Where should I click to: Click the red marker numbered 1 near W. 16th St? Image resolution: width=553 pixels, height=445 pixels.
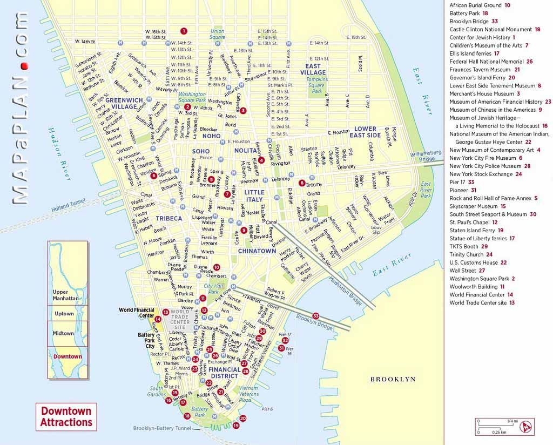coord(184,31)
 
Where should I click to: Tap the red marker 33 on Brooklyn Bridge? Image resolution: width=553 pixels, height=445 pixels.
coord(316,316)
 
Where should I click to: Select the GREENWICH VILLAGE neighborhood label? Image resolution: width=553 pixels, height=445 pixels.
coord(124,103)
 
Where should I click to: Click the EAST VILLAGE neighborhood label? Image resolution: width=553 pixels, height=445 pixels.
coord(313,69)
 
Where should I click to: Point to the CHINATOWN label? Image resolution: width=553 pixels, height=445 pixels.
coord(257,251)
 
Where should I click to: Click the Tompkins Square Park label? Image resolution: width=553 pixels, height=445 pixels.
coord(316,85)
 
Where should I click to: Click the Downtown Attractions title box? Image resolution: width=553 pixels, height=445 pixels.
coord(66,417)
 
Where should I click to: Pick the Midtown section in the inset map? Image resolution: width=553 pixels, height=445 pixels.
coord(64,333)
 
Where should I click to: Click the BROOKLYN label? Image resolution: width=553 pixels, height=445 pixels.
coord(393,379)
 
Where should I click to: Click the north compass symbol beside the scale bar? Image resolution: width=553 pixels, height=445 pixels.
coord(524,426)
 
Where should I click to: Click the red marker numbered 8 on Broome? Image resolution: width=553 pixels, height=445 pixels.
coord(302,183)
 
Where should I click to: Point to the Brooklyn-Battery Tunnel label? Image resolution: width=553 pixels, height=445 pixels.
coord(162,428)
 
